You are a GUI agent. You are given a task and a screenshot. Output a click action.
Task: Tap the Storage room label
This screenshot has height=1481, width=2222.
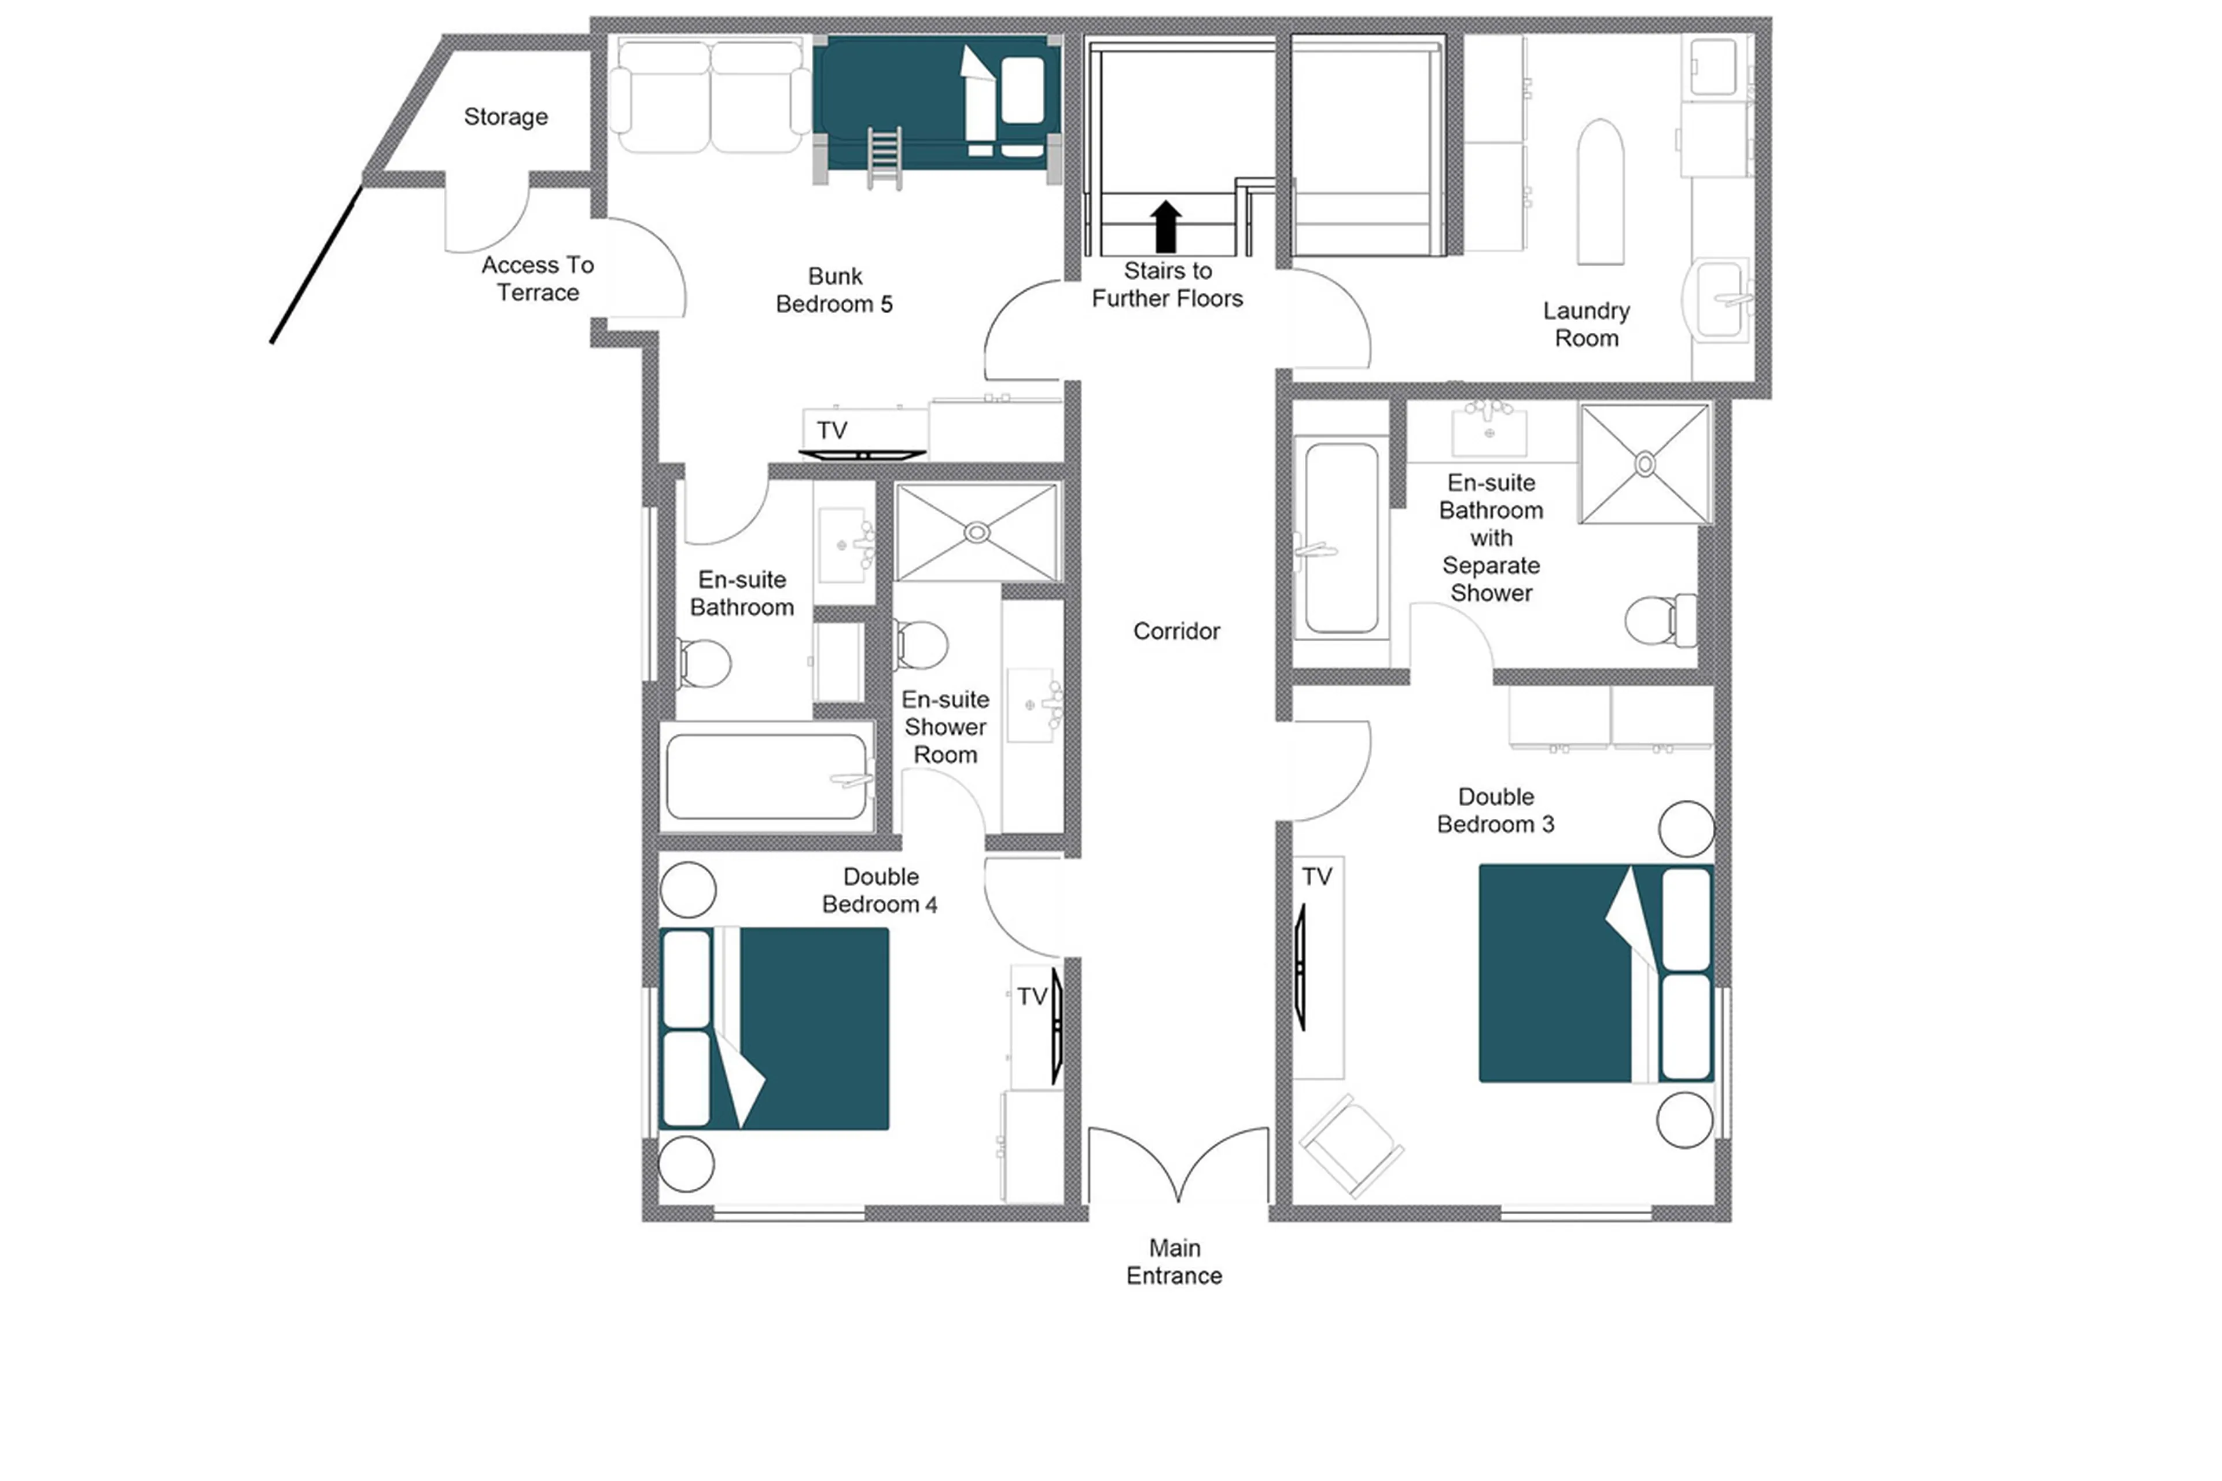tap(505, 116)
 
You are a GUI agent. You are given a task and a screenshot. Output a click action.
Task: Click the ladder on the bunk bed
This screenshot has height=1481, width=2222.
tap(884, 158)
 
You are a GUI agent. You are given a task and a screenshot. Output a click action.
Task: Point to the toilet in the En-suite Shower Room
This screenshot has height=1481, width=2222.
tap(920, 644)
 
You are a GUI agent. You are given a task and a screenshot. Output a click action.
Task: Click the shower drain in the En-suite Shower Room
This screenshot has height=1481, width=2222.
tap(976, 532)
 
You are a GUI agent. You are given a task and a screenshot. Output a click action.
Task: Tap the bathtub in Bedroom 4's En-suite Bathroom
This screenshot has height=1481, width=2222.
tap(767, 777)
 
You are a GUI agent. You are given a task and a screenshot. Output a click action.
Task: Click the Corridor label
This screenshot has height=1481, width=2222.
tap(1176, 631)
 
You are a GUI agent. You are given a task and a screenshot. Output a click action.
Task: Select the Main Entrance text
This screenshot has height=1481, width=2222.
tap(1174, 1261)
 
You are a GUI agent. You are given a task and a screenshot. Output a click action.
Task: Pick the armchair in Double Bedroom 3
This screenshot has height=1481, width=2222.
tap(1351, 1145)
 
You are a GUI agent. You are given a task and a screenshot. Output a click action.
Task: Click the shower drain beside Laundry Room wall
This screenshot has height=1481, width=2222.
tap(1644, 464)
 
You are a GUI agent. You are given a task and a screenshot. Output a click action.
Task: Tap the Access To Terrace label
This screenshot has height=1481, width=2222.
tap(538, 278)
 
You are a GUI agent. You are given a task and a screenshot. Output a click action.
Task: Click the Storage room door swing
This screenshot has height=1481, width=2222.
tap(486, 217)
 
